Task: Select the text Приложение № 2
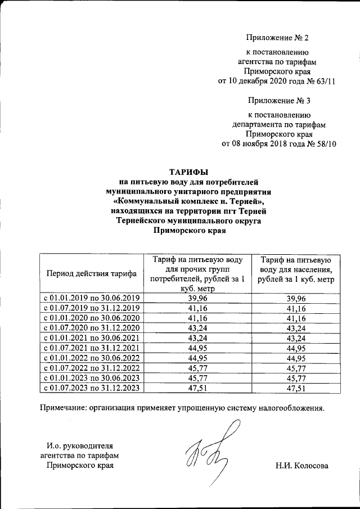278,38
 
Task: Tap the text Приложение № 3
278,101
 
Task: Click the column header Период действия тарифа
91,274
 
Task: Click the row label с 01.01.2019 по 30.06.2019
91,298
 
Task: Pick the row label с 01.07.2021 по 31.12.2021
91,348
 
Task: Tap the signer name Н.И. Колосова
302,466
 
